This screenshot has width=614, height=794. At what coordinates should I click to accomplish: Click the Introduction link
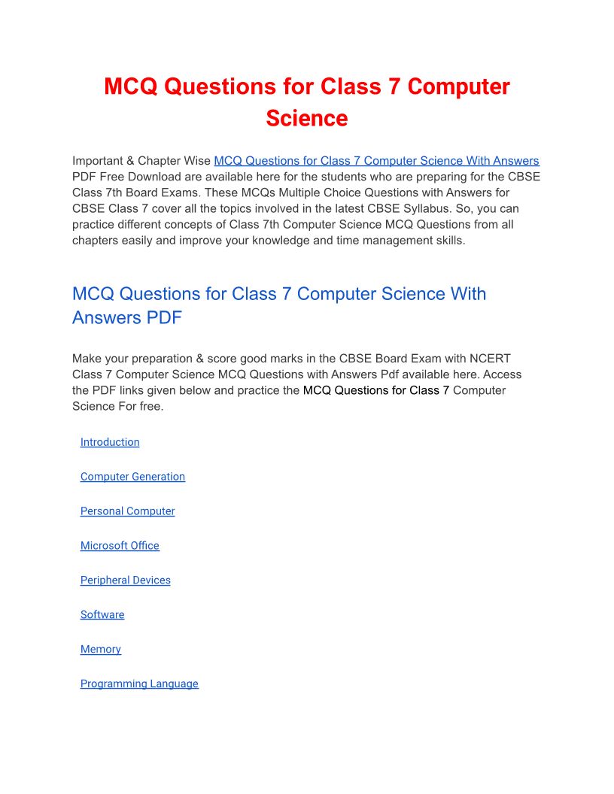click(110, 442)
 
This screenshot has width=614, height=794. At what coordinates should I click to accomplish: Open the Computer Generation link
click(132, 477)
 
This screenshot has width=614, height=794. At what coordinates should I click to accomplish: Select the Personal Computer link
click(127, 511)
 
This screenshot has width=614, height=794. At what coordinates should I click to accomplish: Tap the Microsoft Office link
click(120, 546)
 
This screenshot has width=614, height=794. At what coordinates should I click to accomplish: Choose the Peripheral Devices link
click(125, 580)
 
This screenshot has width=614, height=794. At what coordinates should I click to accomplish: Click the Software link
click(102, 615)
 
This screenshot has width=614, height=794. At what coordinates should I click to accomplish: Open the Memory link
click(100, 650)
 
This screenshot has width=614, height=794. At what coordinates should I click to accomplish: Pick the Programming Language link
click(139, 684)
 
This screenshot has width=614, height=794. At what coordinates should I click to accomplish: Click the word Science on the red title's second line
click(306, 118)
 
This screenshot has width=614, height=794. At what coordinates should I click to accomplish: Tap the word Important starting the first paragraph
click(98, 161)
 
